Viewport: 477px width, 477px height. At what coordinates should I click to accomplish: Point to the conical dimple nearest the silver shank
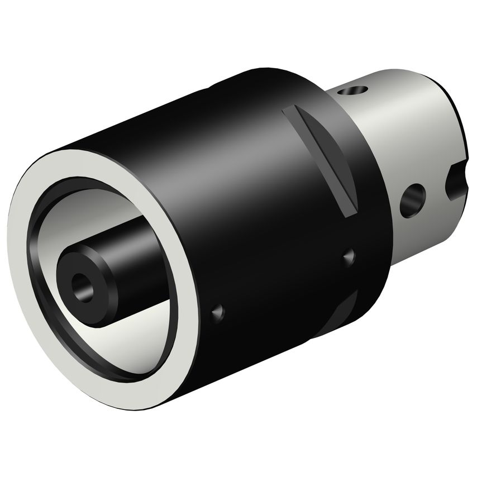click(x=349, y=256)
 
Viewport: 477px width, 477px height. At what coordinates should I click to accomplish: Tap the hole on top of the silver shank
click(x=354, y=90)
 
